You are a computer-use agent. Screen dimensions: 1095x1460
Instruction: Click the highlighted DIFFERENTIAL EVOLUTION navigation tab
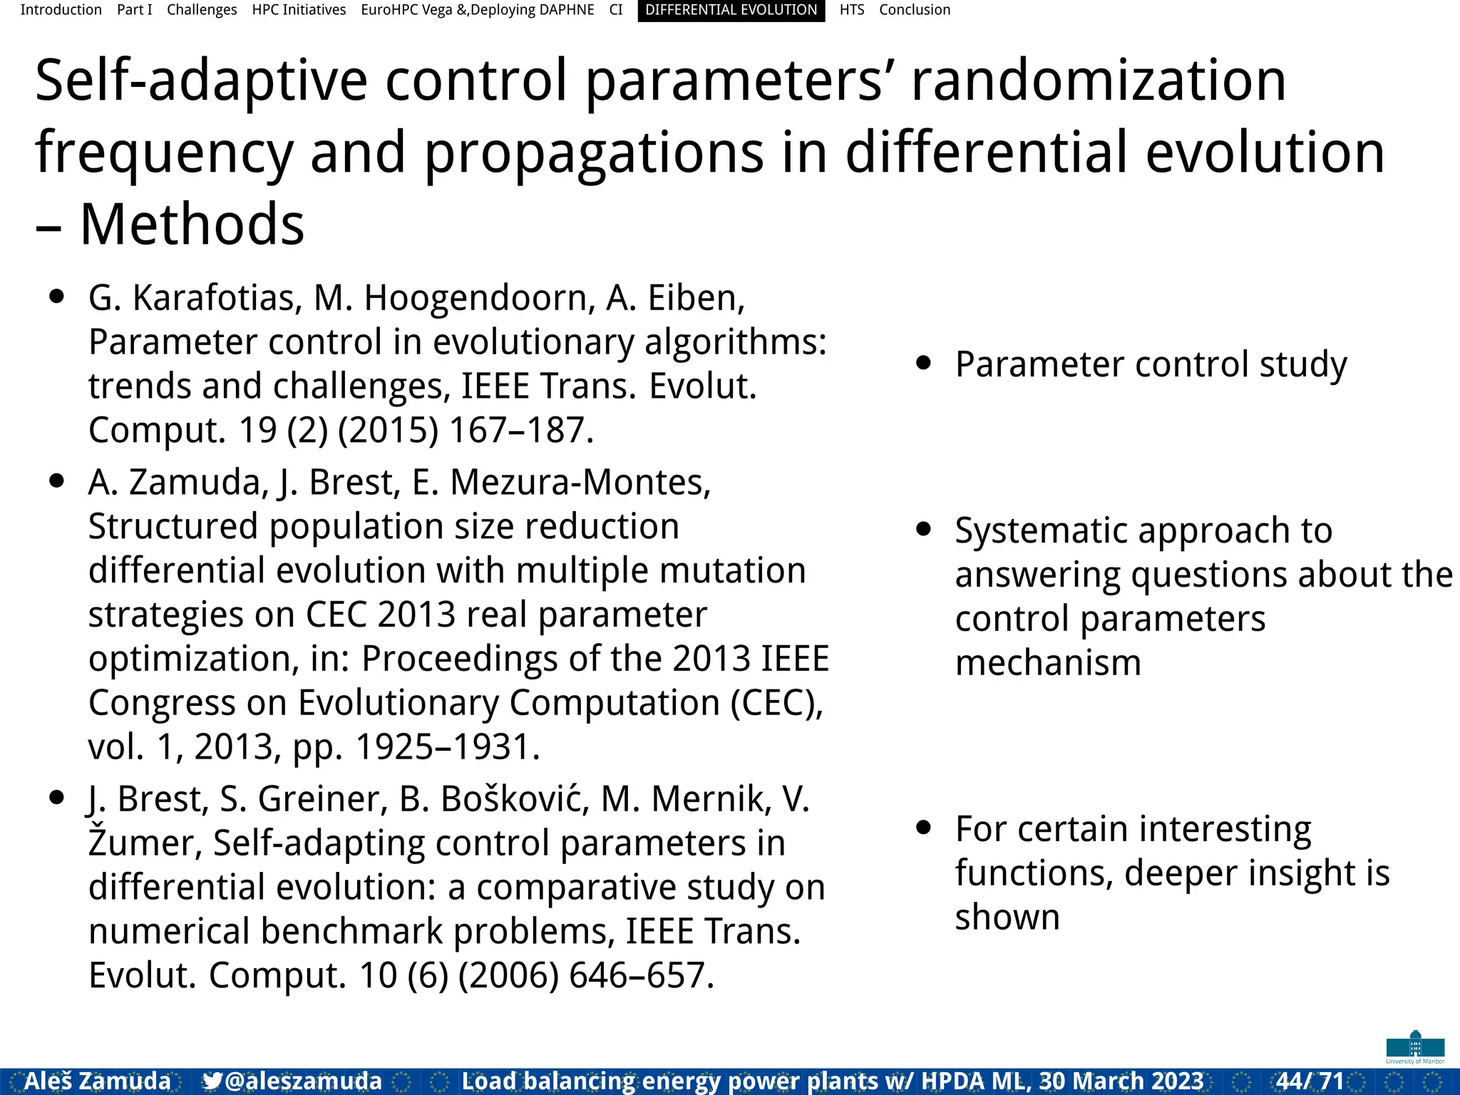click(731, 10)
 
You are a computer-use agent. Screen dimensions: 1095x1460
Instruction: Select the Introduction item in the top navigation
click(61, 10)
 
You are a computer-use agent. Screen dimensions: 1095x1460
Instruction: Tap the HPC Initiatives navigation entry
click(299, 10)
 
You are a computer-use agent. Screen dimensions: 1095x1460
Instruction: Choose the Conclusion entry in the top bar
click(915, 10)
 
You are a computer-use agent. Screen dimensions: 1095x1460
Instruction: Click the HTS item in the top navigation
click(851, 10)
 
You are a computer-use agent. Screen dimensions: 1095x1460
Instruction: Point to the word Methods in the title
click(192, 225)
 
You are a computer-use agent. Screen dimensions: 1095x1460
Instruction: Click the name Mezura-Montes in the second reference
click(580, 483)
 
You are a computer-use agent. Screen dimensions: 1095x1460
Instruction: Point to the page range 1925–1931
click(447, 747)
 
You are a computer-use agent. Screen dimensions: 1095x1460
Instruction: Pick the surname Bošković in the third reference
click(515, 799)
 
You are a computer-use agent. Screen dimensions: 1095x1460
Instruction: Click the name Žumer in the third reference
click(145, 843)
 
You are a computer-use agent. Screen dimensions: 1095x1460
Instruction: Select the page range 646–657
click(641, 975)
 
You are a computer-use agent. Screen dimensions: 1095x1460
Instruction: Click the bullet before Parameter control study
click(924, 363)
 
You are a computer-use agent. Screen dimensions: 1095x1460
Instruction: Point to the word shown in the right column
click(1007, 917)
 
